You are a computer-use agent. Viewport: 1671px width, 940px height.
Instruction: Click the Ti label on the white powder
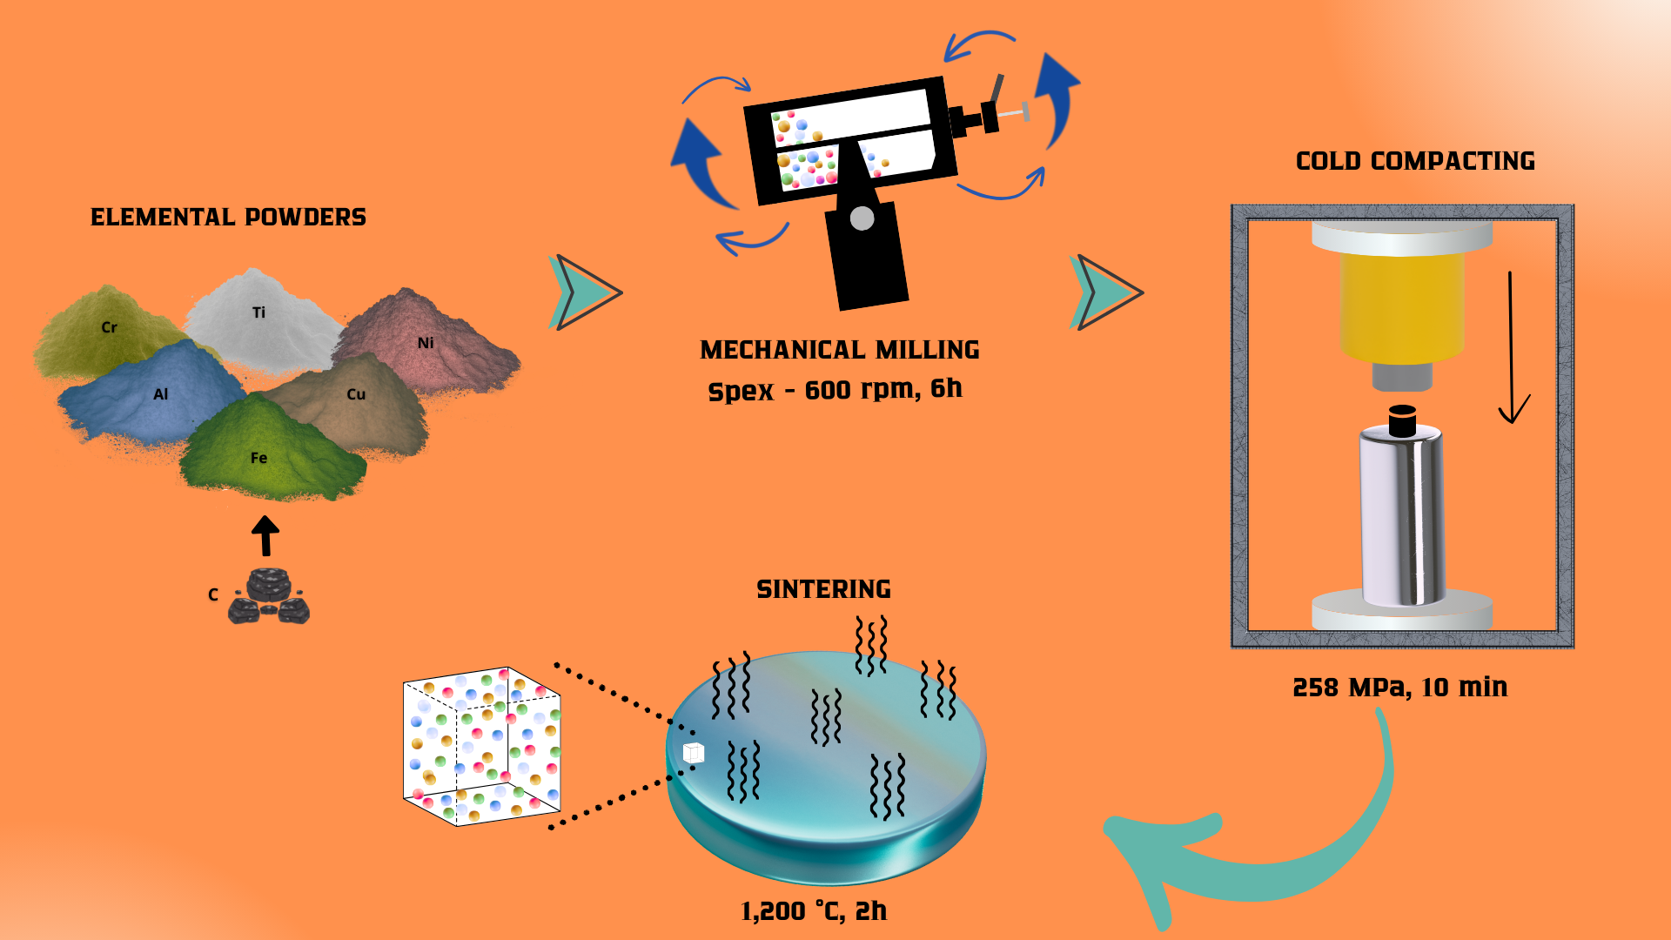tap(258, 312)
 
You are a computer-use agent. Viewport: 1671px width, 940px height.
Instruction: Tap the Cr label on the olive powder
tap(109, 327)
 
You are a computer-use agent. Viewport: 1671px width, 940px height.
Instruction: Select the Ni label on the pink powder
tap(426, 343)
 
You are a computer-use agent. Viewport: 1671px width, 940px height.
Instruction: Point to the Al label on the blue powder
tap(160, 394)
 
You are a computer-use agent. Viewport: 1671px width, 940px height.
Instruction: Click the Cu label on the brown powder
tap(356, 394)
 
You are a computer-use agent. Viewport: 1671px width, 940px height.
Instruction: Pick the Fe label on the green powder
tap(258, 458)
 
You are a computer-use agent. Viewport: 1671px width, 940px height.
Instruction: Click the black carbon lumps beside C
tap(269, 598)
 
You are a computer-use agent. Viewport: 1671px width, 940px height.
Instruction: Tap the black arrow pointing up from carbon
tap(265, 535)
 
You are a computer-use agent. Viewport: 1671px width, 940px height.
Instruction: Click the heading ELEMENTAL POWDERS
tap(228, 218)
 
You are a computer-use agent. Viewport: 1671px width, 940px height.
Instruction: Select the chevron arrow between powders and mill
tap(585, 292)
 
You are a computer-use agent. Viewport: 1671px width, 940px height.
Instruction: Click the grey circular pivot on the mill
tap(862, 218)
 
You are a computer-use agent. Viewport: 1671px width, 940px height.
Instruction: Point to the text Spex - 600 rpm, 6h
tap(835, 389)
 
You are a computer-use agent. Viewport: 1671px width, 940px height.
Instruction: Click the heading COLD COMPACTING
tap(1415, 161)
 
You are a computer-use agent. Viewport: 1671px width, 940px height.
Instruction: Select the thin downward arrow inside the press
tap(1513, 348)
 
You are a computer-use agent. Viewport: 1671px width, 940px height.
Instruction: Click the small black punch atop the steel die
tap(1402, 421)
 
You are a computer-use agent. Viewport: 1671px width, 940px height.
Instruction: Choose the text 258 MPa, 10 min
tap(1399, 688)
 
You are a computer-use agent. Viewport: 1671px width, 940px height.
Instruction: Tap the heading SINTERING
tap(823, 589)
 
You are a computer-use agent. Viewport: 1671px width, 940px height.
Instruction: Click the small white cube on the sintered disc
tap(694, 753)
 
